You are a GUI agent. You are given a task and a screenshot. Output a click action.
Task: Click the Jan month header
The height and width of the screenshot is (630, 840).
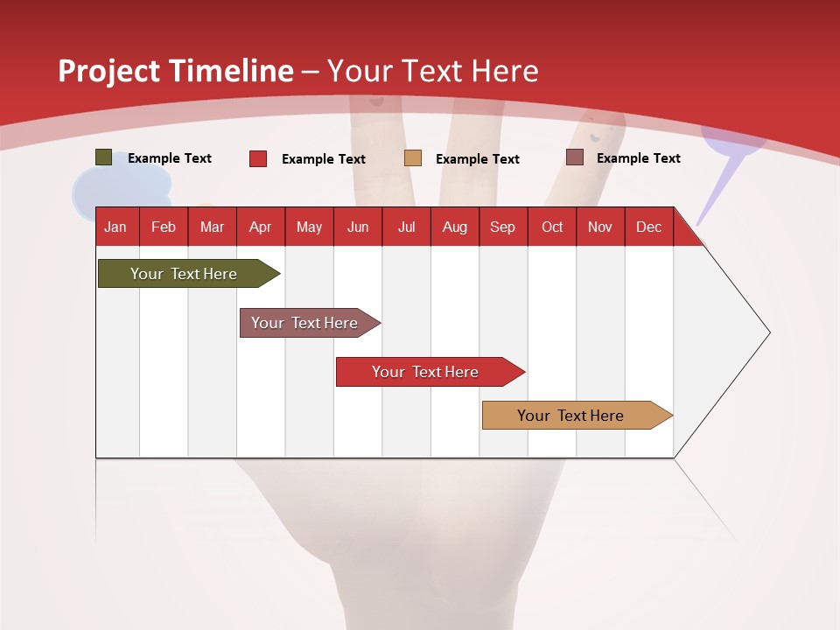115,227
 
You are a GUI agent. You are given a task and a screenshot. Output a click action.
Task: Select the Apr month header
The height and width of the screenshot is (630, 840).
261,227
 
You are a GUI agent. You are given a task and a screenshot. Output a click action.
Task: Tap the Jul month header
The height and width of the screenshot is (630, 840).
406,227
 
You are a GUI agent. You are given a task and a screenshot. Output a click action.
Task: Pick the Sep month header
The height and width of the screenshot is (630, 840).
502,227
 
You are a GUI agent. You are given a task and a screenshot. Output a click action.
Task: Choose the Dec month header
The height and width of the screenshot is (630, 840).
648,227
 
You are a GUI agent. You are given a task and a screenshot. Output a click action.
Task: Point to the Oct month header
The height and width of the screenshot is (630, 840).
552,227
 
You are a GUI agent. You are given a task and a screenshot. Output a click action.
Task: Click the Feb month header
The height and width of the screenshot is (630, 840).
164,227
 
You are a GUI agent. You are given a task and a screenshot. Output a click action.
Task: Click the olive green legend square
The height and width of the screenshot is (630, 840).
104,157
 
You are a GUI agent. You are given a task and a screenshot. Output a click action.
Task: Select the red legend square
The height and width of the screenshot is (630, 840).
258,158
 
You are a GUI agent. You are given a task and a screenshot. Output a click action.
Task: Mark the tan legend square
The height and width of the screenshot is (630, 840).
413,158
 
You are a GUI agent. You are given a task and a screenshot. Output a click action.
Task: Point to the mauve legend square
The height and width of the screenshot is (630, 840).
575,157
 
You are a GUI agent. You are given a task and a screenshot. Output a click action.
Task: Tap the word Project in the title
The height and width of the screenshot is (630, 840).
108,71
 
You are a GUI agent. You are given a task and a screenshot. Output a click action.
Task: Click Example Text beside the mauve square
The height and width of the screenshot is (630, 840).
638,158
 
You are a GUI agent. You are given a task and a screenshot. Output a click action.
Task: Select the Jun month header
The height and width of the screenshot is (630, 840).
358,227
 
